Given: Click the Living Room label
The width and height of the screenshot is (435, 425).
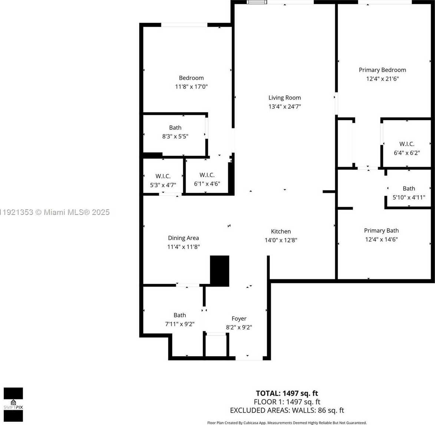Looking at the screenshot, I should coord(284,98).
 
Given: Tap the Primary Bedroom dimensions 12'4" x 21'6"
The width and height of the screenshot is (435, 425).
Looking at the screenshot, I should coord(382,79).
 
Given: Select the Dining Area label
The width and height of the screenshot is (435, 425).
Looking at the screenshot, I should coord(183,238).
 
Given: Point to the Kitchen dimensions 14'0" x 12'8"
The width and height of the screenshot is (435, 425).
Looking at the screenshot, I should coord(281,240).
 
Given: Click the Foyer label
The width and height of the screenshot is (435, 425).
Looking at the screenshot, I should coord(239,318).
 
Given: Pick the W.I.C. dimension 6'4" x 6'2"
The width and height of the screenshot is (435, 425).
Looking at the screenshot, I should coord(407,153).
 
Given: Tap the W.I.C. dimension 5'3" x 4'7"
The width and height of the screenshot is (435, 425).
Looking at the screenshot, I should coord(163,185).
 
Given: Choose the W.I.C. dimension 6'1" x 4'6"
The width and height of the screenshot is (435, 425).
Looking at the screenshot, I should coord(207,184).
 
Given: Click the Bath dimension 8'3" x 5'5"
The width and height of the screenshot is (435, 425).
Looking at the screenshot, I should coord(175,136).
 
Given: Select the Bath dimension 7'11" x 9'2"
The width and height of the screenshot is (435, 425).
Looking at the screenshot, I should coord(179,324).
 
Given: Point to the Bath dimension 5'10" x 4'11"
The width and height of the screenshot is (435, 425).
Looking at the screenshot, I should coord(409,197).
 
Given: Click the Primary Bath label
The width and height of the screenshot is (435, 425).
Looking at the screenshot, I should coord(381,231).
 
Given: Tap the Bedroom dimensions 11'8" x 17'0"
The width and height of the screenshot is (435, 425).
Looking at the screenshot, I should coord(191,87).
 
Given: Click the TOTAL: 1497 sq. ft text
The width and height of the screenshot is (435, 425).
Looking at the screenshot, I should coord(287,393).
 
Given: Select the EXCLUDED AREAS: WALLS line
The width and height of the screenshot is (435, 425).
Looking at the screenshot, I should coord(287,410).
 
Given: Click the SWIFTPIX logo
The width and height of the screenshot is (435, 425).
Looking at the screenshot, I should coord(13,404).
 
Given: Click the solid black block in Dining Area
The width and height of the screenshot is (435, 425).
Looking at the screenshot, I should coord(220,271).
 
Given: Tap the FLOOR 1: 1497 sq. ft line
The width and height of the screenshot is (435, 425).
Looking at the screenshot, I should coord(287,402).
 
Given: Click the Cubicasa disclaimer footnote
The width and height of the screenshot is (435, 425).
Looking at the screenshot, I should coord(287,423).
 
